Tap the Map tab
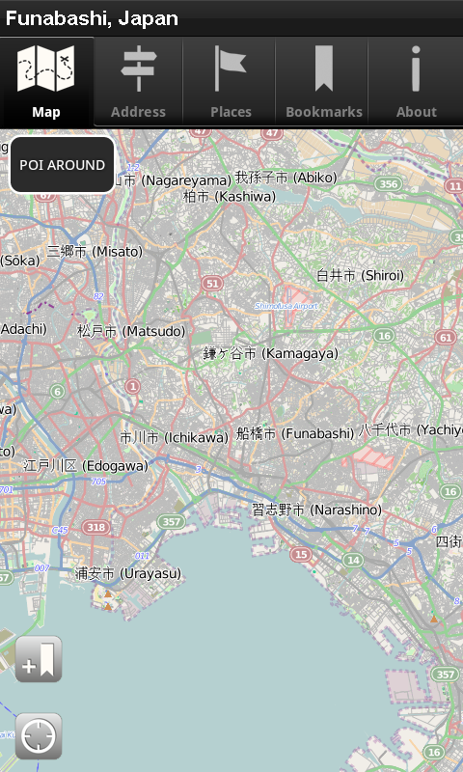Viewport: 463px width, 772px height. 46,83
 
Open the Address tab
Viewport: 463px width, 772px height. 138,83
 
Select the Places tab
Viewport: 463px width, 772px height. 231,83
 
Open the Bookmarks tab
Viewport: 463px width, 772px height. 323,83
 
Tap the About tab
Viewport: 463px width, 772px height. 416,83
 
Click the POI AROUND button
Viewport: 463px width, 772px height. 63,165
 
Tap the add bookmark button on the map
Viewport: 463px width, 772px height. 39,660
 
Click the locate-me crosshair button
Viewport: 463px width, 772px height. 39,737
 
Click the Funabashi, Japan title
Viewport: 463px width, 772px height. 92,18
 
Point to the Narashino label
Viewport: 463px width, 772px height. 316,510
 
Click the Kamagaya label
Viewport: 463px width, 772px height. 271,354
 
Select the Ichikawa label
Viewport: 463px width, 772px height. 174,437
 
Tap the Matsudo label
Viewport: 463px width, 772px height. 131,331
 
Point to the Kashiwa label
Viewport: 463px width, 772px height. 230,196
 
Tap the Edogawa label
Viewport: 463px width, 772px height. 86,465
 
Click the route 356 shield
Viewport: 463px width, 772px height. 389,183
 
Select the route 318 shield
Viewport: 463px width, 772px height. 95,527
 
